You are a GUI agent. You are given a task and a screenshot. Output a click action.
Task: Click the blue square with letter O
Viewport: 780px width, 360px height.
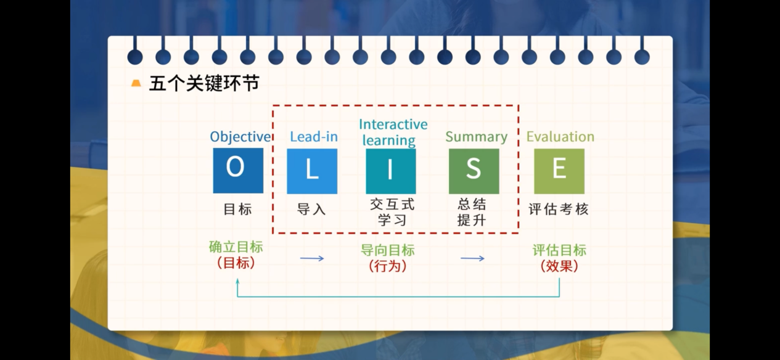pos(238,171)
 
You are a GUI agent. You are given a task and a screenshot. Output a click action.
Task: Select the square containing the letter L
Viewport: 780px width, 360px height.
pos(312,171)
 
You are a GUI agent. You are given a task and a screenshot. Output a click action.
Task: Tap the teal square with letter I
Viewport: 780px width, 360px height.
pos(391,171)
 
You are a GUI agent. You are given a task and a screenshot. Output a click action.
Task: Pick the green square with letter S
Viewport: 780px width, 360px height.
pos(474,171)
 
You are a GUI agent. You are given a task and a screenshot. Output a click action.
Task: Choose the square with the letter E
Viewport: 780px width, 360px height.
pos(559,171)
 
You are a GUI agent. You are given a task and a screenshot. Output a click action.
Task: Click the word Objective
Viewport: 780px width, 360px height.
pos(240,137)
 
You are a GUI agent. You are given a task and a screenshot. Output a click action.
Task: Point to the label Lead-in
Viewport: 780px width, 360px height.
pos(314,136)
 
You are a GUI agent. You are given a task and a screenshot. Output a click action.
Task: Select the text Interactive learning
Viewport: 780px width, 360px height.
pos(393,133)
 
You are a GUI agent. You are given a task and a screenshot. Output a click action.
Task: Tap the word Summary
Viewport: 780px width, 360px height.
pos(477,137)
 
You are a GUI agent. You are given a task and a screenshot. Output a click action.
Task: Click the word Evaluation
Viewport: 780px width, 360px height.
pos(560,136)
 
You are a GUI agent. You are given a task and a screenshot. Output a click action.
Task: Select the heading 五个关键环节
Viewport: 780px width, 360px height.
pos(204,84)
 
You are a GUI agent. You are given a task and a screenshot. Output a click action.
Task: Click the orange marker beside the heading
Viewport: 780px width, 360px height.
pos(136,83)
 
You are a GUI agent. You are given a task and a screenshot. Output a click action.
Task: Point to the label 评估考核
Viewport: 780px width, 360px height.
pos(559,209)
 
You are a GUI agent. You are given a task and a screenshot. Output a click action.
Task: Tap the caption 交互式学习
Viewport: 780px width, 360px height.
pos(392,212)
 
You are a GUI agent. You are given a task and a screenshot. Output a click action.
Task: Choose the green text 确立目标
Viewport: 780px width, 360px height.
pos(236,247)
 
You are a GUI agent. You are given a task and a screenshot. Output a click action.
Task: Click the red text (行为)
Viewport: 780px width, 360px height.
pos(388,266)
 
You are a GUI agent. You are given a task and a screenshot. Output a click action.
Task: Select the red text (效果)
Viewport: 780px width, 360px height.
pos(559,266)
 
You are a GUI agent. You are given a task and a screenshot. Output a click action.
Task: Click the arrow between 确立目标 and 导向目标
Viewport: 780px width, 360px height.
pos(312,258)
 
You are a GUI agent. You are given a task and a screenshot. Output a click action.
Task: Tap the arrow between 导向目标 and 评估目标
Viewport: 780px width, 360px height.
pos(472,258)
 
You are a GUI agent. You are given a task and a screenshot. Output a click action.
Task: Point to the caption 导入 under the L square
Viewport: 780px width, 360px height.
pos(311,210)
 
